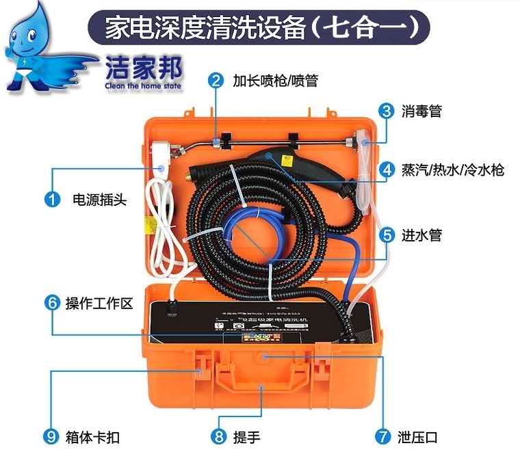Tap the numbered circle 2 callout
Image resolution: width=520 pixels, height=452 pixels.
[x=216, y=81]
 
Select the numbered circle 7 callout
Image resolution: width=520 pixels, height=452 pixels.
[x=382, y=436]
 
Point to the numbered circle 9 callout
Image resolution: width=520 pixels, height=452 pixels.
[x=52, y=436]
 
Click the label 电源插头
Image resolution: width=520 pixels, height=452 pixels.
[x=99, y=200]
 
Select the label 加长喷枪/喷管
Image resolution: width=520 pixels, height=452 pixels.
[x=274, y=81]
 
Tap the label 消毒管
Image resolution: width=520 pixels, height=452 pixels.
[x=421, y=111]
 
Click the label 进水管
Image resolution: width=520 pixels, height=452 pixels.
[x=421, y=235]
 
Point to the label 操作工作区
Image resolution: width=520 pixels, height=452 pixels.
[x=99, y=303]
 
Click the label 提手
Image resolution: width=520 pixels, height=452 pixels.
[x=246, y=436]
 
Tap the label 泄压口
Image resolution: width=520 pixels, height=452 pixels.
[x=417, y=436]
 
